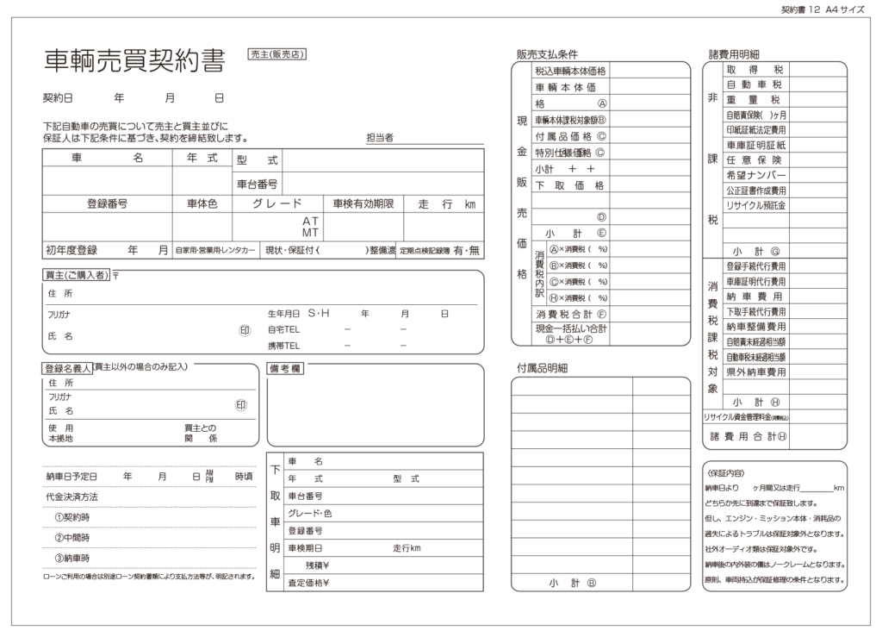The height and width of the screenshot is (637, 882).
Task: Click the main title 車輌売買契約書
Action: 134,60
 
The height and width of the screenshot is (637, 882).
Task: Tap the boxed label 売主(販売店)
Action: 276,53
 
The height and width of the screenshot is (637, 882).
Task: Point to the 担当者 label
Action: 379,137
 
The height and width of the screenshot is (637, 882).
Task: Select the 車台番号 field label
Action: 257,184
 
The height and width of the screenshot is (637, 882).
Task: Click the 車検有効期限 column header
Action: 363,204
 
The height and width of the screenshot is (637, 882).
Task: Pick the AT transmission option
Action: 310,221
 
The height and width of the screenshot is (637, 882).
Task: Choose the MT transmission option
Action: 310,233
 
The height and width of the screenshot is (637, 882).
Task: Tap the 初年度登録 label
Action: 71,251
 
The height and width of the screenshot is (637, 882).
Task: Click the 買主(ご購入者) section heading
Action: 77,275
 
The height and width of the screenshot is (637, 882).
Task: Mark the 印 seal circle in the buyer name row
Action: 244,330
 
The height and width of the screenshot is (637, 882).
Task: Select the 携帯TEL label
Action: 283,346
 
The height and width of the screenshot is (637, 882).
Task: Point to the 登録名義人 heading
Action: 66,367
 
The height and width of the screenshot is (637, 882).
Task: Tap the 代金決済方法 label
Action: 71,497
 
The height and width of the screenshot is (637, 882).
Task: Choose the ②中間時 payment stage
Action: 72,538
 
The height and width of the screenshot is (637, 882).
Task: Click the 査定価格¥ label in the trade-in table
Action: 309,583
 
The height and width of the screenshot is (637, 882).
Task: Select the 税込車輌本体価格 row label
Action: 570,71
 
